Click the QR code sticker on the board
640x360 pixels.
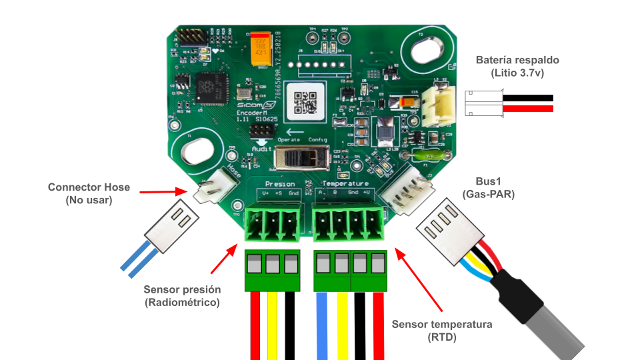click(x=305, y=101)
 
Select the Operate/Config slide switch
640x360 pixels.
click(x=301, y=159)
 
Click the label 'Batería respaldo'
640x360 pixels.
click(x=517, y=60)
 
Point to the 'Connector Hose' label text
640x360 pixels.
click(x=89, y=187)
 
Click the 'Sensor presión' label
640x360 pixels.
click(x=181, y=290)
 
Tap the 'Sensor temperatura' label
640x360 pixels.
click(x=442, y=325)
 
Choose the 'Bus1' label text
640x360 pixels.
click(x=485, y=181)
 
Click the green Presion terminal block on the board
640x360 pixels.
click(x=272, y=223)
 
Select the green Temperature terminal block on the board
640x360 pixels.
click(x=349, y=223)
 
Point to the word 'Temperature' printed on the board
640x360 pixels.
click(x=345, y=183)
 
